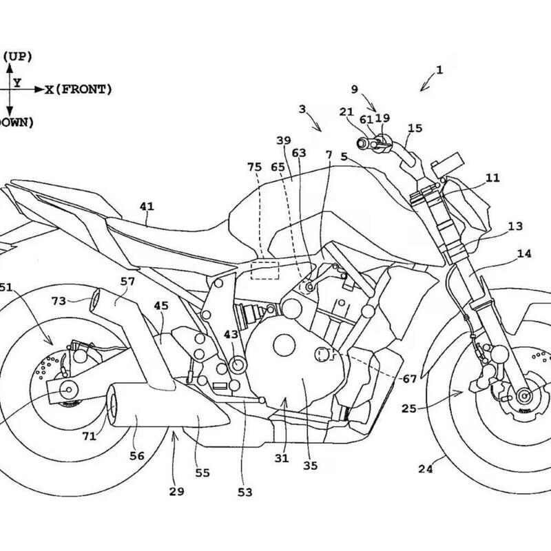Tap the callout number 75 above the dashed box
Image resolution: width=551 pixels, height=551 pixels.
click(255, 167)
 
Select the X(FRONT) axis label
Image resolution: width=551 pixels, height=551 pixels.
click(79, 90)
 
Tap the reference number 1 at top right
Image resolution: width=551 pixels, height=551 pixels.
click(439, 70)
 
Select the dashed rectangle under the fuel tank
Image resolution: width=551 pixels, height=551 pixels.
click(264, 269)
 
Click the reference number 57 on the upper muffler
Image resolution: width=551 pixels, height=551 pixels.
click(128, 281)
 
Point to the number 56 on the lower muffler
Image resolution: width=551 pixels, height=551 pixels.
click(137, 455)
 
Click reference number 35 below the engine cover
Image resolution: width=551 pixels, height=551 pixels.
click(310, 466)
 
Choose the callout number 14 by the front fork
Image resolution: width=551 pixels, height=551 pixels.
click(524, 253)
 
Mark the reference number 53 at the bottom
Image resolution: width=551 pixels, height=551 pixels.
click(245, 492)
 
